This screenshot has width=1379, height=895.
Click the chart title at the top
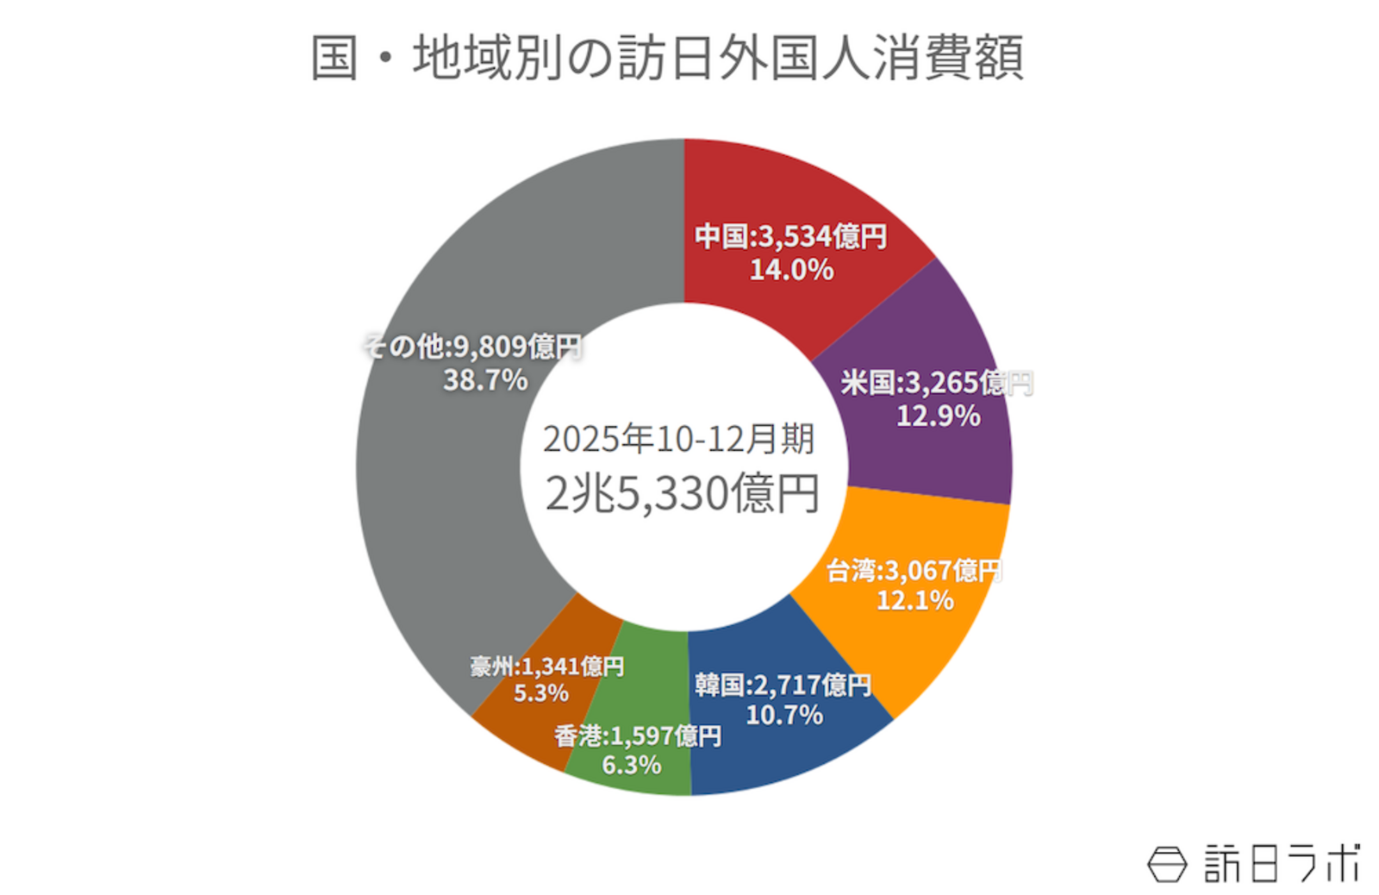(666, 58)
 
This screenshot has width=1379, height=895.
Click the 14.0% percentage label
(791, 270)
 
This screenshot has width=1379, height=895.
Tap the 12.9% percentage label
(938, 416)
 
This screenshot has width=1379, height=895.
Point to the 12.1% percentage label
(914, 600)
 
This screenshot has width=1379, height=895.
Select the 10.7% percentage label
(784, 715)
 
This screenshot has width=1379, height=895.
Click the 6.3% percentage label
(631, 765)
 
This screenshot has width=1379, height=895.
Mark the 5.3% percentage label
(540, 693)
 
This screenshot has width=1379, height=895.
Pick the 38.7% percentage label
(485, 380)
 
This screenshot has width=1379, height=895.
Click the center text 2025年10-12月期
(678, 439)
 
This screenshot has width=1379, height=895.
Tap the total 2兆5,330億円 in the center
(682, 495)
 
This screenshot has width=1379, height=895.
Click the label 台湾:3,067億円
(914, 570)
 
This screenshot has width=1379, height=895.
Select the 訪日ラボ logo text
(1282, 863)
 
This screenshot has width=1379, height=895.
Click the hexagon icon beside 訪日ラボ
(1167, 864)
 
